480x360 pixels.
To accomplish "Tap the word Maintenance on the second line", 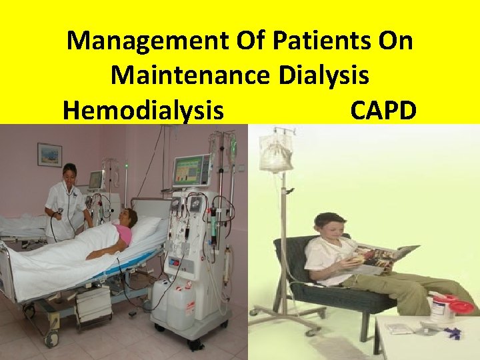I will (x=190, y=75).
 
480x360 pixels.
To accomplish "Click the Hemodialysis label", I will (x=143, y=109).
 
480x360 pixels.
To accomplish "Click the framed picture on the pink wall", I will (x=49, y=155).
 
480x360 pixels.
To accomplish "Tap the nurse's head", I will (x=69, y=173).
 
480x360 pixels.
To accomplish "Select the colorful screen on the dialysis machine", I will (x=191, y=172).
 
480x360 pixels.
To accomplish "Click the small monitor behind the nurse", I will (x=96, y=179).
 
